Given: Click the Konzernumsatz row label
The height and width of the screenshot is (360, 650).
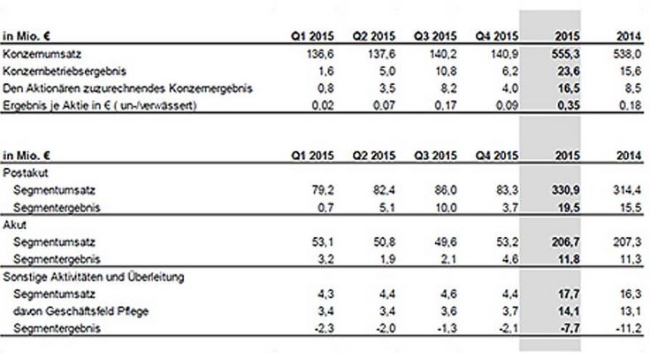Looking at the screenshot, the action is [x=42, y=54].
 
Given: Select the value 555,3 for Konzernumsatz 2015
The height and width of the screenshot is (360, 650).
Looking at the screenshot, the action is [x=565, y=54].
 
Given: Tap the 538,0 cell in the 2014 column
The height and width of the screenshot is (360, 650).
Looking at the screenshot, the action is [x=628, y=54].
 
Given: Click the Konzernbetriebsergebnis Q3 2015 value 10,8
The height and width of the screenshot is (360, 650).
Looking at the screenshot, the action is [x=445, y=72].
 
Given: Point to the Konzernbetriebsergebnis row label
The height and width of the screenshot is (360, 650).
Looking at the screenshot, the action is [x=65, y=72].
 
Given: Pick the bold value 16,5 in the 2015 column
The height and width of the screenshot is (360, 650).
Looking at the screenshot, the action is [x=569, y=88].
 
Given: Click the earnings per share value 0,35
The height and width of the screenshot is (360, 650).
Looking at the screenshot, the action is [x=569, y=106].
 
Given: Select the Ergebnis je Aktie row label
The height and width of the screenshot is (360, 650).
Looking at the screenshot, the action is [x=99, y=106].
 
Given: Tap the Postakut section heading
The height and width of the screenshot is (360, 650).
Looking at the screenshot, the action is [x=26, y=173].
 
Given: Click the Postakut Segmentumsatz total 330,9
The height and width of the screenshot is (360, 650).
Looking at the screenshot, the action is [x=565, y=190].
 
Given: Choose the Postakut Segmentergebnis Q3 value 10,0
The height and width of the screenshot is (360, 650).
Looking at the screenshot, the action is [x=445, y=207].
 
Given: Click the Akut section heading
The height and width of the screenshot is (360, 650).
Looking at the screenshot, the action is [x=14, y=225].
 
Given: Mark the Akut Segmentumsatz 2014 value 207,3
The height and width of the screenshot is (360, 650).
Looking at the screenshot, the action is [x=628, y=242].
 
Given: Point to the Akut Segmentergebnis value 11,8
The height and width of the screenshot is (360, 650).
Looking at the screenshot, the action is [x=569, y=260].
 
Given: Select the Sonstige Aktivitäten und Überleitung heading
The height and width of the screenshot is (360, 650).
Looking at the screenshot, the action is [x=93, y=277].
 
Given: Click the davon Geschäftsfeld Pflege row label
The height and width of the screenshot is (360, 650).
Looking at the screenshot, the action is [x=80, y=311].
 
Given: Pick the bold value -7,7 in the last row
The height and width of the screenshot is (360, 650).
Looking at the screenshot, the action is [x=570, y=328].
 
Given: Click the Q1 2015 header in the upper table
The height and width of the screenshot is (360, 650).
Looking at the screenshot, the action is [x=312, y=36].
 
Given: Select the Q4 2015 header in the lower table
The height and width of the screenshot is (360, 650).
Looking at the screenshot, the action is [x=497, y=156].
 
